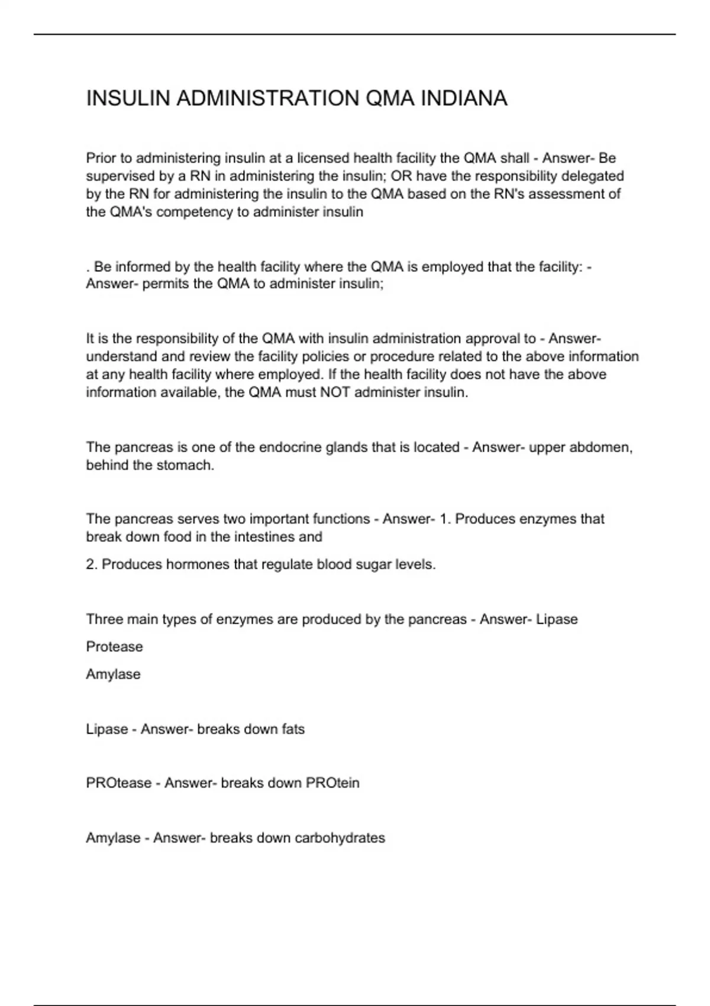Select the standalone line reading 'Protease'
(115, 647)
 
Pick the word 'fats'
(293, 729)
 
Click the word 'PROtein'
(333, 783)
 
